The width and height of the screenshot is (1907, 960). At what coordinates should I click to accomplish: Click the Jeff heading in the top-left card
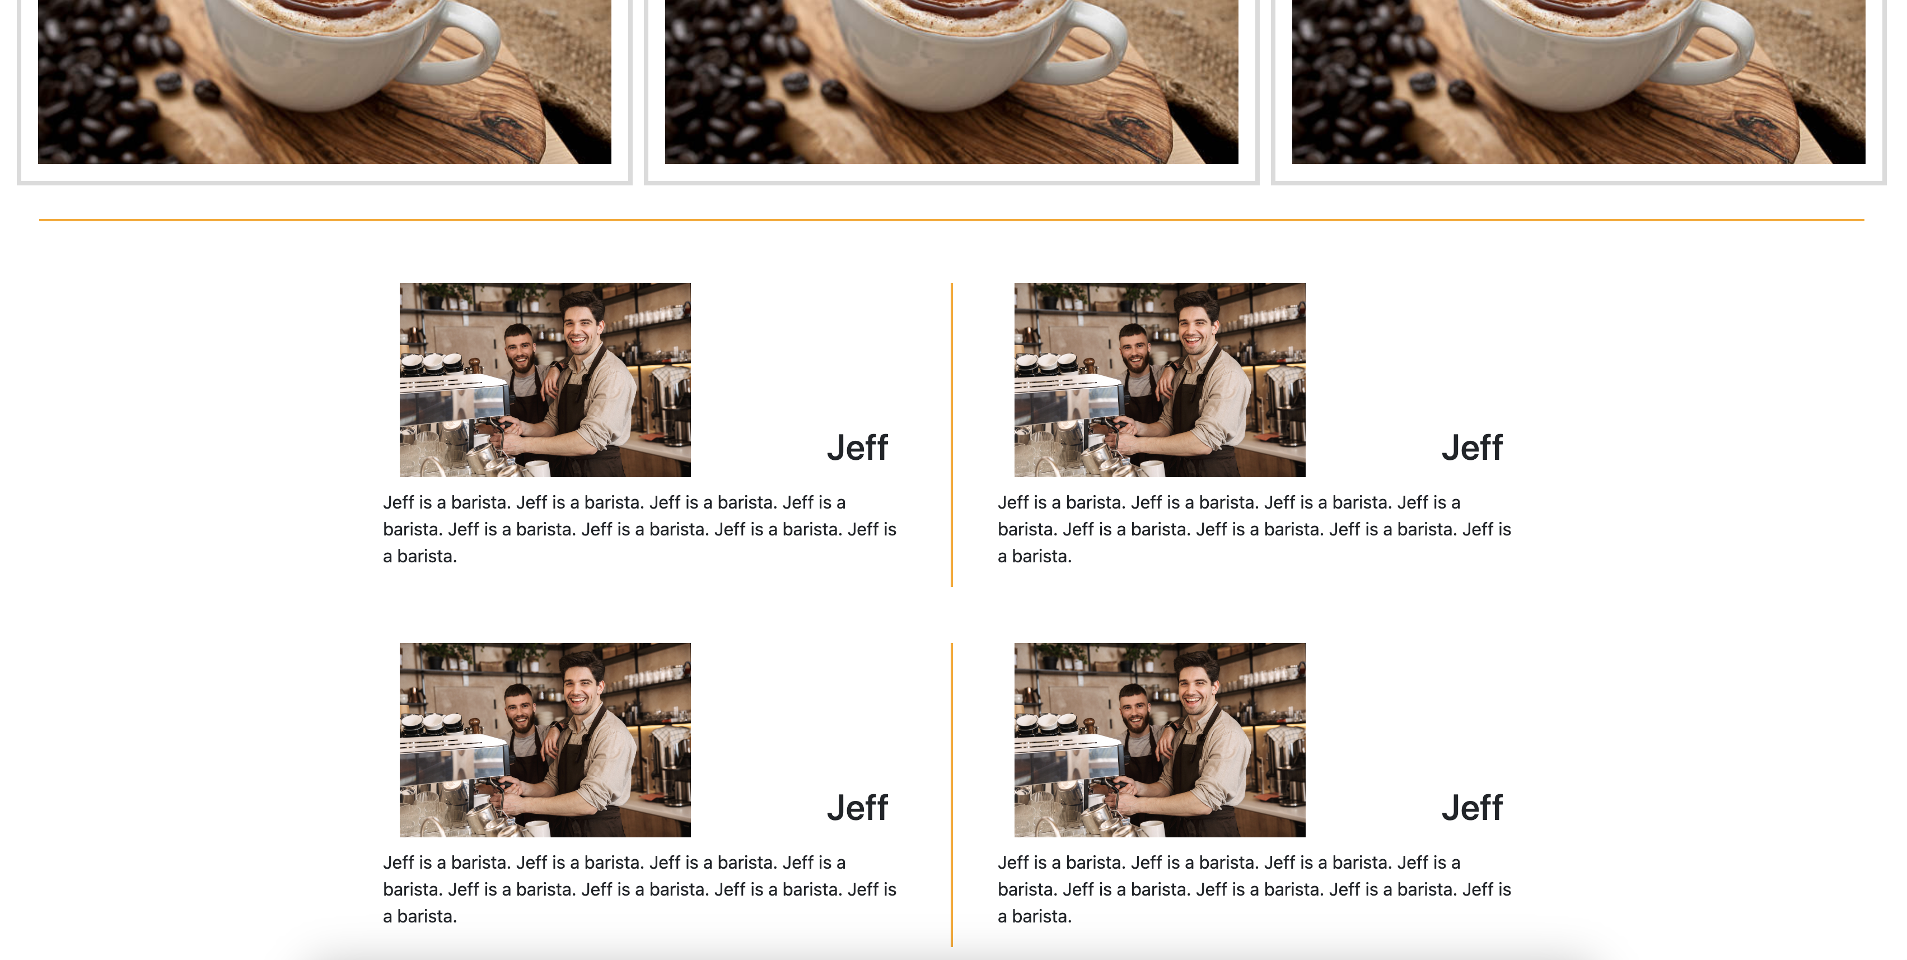click(x=857, y=448)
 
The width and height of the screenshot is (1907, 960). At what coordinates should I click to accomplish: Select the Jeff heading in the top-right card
click(x=1472, y=448)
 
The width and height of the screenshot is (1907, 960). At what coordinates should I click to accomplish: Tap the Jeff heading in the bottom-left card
click(x=857, y=808)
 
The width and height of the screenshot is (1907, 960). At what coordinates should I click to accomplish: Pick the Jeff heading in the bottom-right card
click(x=1472, y=808)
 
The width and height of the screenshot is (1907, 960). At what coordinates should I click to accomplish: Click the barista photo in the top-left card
click(x=545, y=379)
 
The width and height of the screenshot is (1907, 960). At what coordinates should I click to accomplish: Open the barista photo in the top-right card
click(x=1160, y=379)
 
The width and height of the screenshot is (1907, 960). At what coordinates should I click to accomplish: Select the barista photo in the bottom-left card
click(x=545, y=739)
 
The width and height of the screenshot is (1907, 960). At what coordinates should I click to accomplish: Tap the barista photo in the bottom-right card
click(x=1160, y=739)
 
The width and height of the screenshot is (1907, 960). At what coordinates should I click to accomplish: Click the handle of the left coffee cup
click(x=474, y=44)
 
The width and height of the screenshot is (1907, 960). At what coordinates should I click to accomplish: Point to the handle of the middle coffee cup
click(x=1101, y=44)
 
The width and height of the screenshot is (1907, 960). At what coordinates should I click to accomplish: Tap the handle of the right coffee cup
click(x=1728, y=44)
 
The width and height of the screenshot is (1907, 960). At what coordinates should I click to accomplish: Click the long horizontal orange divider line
click(x=951, y=220)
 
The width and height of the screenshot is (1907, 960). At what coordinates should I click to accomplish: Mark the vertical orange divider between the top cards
click(x=951, y=434)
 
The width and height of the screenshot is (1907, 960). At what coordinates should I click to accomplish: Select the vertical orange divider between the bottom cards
click(x=951, y=794)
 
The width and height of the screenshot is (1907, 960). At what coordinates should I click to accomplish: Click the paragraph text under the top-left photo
click(x=639, y=529)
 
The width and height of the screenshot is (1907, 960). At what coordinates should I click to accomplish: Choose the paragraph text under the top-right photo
click(x=1254, y=529)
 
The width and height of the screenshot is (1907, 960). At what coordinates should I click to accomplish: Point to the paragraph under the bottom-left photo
click(x=639, y=889)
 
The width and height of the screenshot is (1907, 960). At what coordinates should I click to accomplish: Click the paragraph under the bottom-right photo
click(x=1254, y=889)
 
